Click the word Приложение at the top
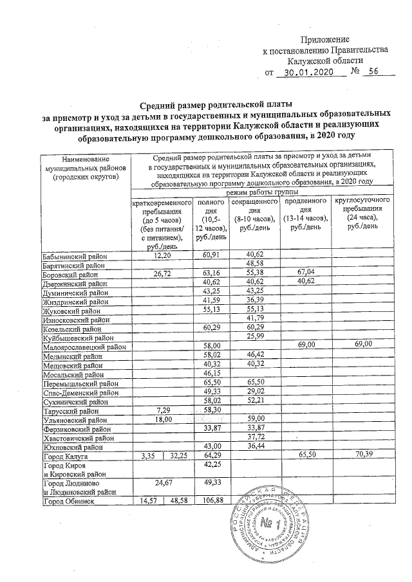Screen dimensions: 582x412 pos(329,40)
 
